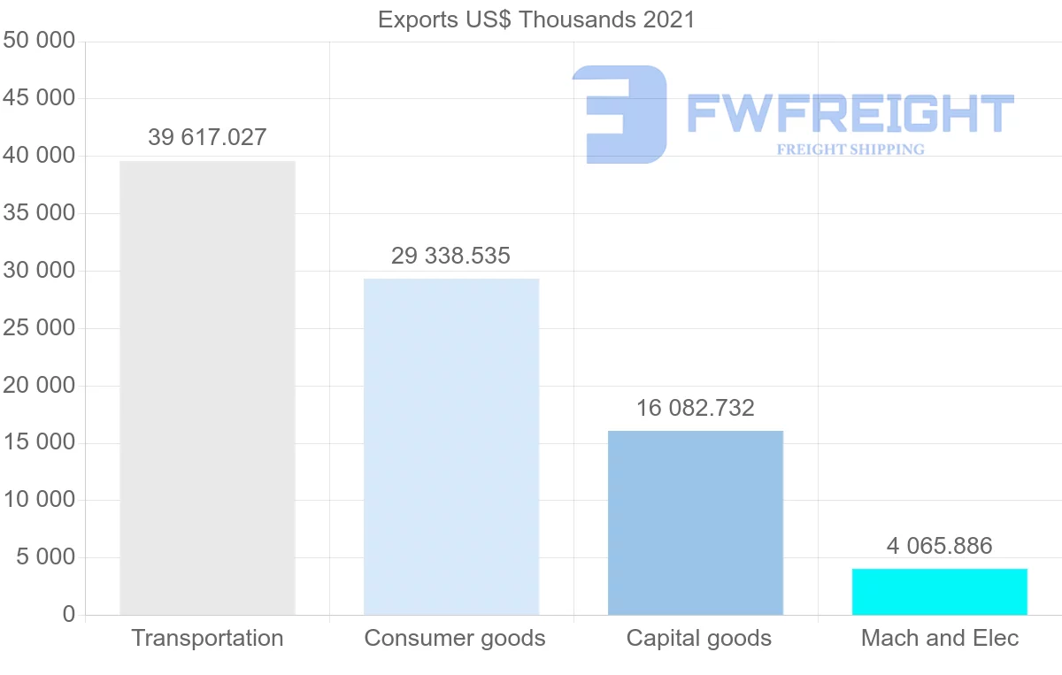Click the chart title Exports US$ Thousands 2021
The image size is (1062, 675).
pos(536,19)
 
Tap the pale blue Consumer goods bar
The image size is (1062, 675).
pos(451,447)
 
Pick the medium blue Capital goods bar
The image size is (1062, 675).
pos(696,523)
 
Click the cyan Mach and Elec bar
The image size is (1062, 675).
pos(940,592)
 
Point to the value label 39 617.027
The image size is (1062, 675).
pos(207,137)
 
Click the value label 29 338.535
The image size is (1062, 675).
pos(451,256)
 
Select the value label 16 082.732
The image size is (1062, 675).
pos(696,408)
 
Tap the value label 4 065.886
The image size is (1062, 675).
pos(940,545)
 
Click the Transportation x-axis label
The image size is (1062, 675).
pos(207,638)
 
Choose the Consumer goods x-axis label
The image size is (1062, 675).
pos(455,638)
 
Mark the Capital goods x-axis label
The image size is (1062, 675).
pos(699,638)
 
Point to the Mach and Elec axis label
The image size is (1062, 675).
pos(940,638)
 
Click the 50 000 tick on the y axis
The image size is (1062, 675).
pos(39,42)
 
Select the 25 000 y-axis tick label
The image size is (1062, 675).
pos(39,328)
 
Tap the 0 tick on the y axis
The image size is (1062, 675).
pos(69,615)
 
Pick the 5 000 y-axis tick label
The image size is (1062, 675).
pos(46,557)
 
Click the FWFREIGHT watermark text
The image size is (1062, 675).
pos(850,114)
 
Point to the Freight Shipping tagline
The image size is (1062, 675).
pos(850,150)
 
